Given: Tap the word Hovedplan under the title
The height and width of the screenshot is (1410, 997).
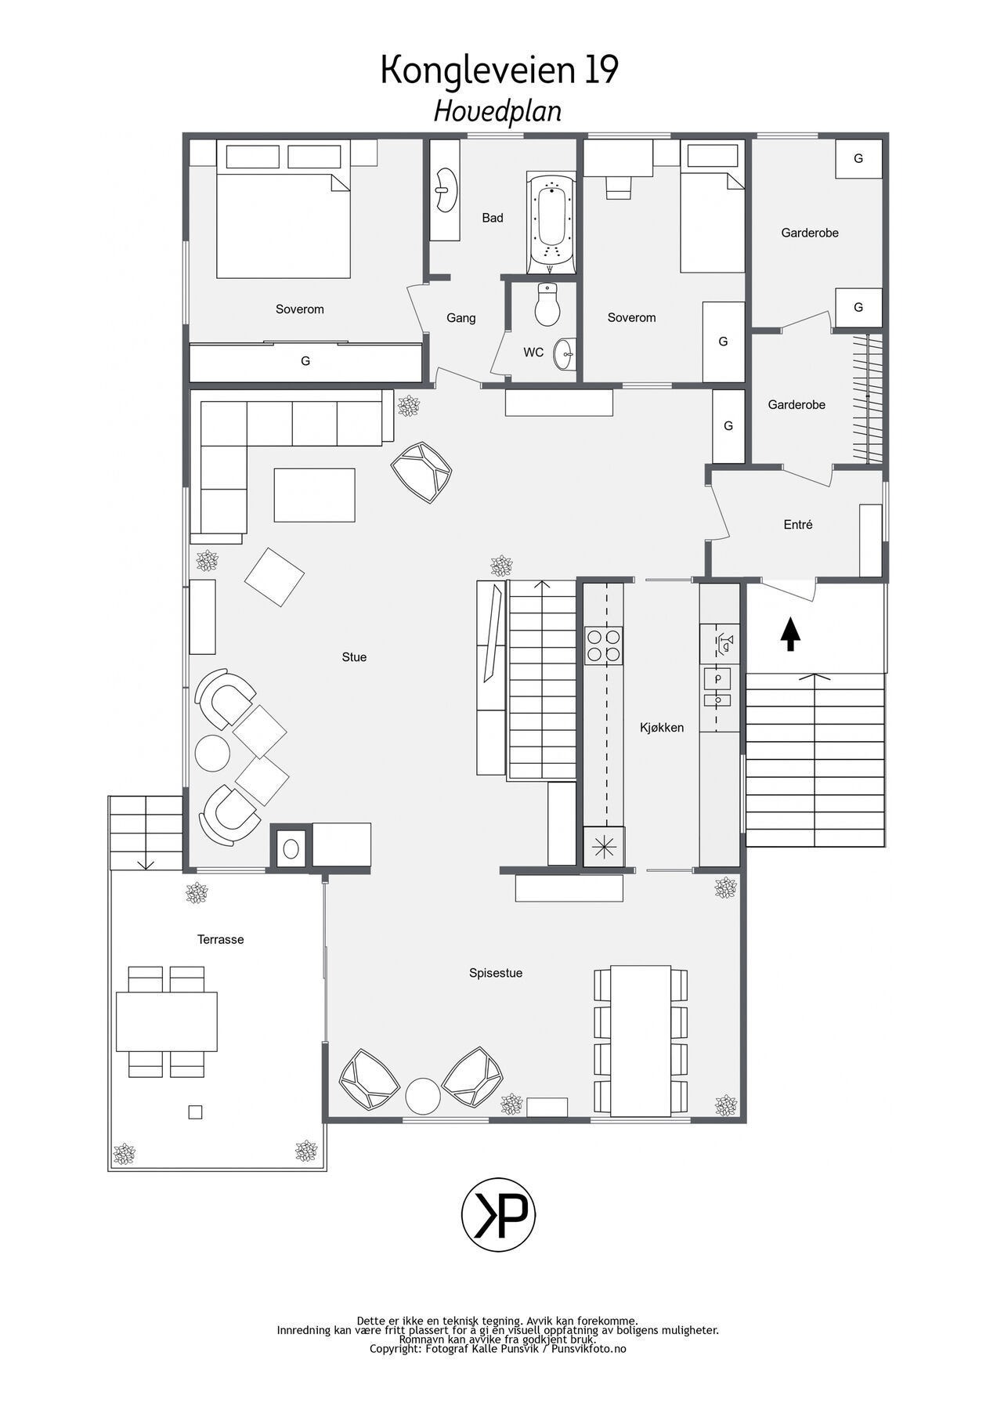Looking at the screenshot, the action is click(x=498, y=112).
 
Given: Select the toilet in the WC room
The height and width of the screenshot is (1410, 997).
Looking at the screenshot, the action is click(x=547, y=304).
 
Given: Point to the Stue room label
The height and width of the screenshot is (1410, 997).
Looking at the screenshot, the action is click(x=354, y=657).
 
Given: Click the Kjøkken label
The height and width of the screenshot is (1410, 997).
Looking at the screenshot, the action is click(x=662, y=728).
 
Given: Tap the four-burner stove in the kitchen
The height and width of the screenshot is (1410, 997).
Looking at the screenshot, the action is click(x=604, y=645).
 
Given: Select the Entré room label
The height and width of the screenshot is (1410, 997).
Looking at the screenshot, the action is click(x=798, y=525).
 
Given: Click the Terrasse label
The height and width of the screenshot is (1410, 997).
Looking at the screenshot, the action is click(x=220, y=939).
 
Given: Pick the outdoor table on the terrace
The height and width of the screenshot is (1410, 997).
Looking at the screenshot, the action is click(x=167, y=1021).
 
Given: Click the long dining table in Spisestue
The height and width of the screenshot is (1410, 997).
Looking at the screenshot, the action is click(x=641, y=1040).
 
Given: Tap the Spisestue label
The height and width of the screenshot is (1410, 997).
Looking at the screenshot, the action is click(x=496, y=973).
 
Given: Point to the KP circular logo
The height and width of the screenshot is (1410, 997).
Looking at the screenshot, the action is click(x=499, y=1217).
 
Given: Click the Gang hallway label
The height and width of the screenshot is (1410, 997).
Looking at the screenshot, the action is click(x=461, y=318).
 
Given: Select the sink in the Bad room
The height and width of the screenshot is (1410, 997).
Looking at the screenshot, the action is click(x=445, y=190).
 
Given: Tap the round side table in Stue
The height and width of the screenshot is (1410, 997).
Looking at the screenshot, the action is click(x=212, y=753).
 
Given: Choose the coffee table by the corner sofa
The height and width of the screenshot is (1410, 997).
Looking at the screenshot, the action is click(x=314, y=495).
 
